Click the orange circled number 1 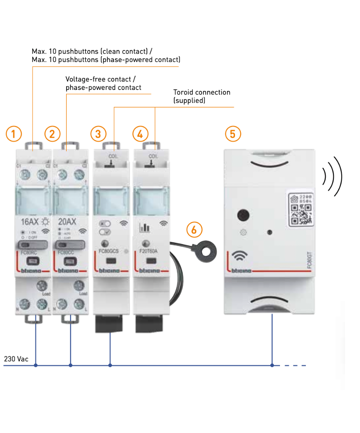pos(14,134)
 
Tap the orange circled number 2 pos(52,134)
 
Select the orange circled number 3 pos(98,134)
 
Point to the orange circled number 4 pos(140,134)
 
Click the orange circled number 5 pos(233,134)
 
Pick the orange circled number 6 pos(194,229)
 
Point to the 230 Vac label pos(16,358)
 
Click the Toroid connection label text pos(202,92)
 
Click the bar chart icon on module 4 pos(144,228)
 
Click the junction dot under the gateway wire pos(272,366)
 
